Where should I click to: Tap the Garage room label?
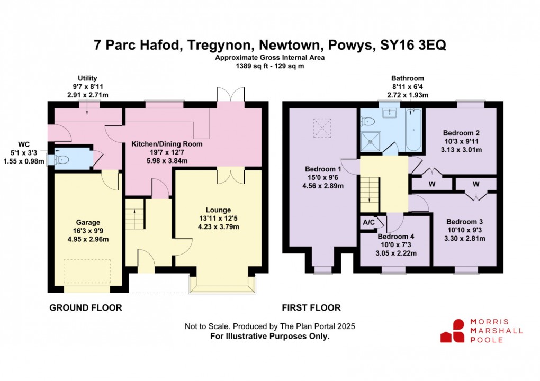point(87,223)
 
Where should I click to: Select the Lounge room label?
point(219,210)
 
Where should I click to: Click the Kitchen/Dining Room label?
point(167,144)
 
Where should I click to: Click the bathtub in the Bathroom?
point(415,130)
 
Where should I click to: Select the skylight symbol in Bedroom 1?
point(321,127)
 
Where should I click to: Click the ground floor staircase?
point(134,215)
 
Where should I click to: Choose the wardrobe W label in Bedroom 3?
point(476,184)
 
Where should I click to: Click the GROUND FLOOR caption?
point(85,307)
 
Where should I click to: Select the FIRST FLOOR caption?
point(311,307)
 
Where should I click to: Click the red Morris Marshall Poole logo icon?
point(453,330)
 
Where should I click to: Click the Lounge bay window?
point(222,285)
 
